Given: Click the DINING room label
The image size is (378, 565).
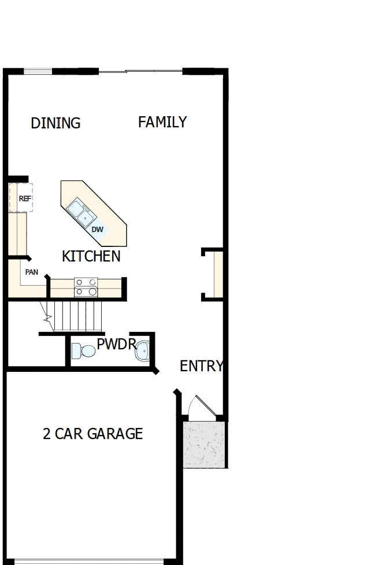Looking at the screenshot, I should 55,123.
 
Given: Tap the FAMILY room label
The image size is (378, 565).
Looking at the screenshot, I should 162,122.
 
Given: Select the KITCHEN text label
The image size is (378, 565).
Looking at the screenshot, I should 91,256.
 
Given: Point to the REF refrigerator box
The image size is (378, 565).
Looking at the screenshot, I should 22,198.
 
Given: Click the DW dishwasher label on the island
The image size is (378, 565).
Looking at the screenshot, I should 98,230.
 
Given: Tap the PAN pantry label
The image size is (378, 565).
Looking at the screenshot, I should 31,272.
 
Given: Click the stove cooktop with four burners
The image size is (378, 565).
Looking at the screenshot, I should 86,287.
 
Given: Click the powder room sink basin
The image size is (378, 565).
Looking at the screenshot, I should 143,350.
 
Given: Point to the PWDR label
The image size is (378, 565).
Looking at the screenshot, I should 116,345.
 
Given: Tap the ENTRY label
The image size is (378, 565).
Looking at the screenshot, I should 201,366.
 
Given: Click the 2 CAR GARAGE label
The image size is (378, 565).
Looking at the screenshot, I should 92,434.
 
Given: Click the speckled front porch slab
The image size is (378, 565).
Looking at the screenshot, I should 203,444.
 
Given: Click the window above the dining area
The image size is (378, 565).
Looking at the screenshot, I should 38,72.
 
